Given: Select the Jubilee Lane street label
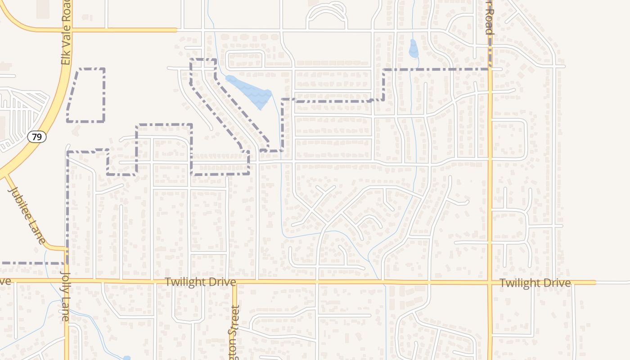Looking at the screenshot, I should (27, 215).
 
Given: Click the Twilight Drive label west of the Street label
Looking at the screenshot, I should (200, 282).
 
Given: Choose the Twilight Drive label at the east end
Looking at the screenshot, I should (535, 283).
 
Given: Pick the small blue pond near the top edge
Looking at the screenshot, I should (413, 49).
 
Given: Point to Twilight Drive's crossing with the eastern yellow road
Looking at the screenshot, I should (490, 283).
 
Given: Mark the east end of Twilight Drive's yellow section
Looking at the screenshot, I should (595, 283).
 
